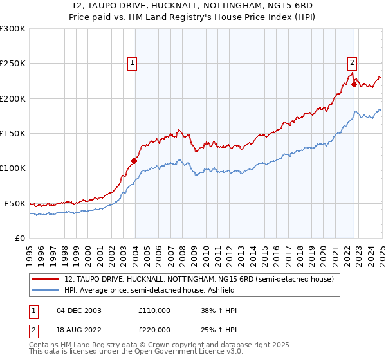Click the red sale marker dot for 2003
tap(134, 161)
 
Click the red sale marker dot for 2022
tap(354, 84)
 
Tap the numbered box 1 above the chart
tap(132, 62)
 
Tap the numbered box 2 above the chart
tap(353, 62)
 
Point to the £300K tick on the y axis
tap(13, 29)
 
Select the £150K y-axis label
tap(13, 134)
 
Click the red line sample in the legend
tap(45, 280)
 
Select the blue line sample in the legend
tap(45, 290)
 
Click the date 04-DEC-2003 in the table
tap(78, 310)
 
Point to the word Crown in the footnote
tap(162, 345)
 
